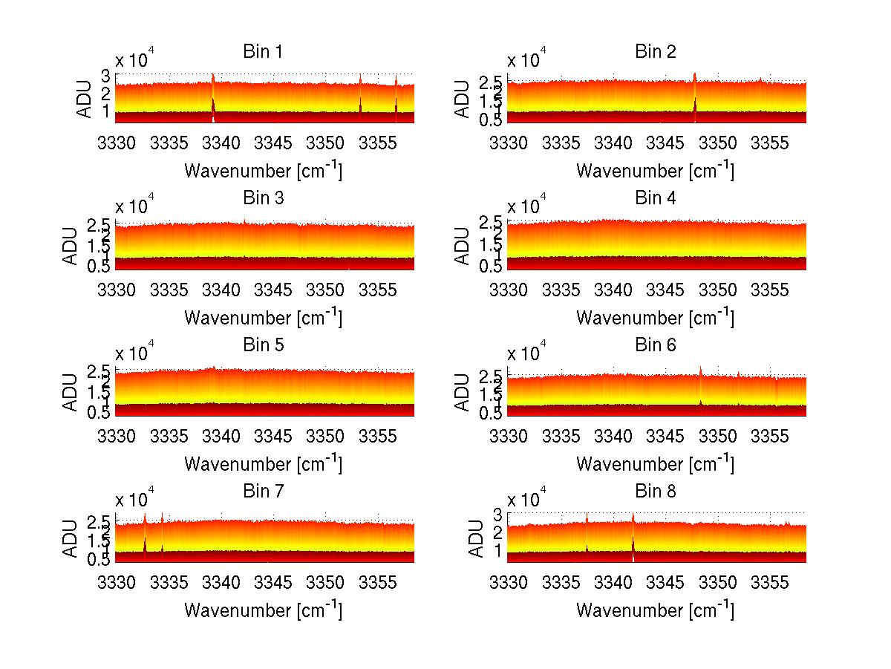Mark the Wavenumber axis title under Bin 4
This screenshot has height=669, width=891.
pos(655,317)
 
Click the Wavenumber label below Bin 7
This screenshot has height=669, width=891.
pos(263,610)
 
